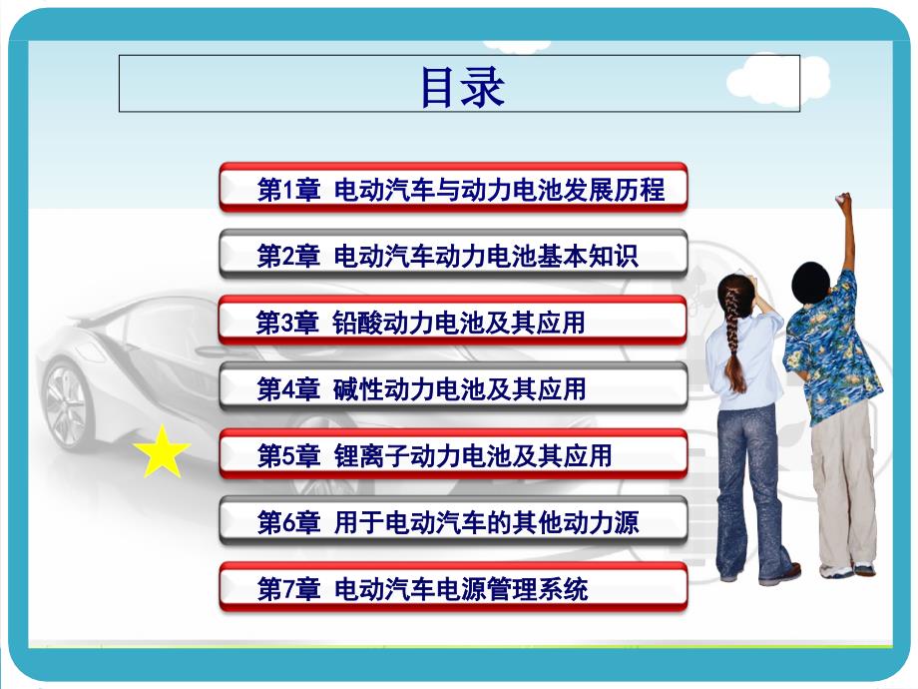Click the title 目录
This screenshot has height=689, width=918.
tap(461, 86)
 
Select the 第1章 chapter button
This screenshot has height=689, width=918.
tap(453, 188)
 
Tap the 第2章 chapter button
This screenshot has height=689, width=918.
tap(453, 255)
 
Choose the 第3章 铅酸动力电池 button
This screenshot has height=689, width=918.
tap(453, 322)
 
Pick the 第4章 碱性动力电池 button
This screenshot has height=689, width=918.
tap(453, 388)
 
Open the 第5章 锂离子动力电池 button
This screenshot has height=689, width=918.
tap(453, 455)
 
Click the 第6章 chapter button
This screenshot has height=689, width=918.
tap(453, 521)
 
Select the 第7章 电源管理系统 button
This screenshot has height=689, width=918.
tap(453, 588)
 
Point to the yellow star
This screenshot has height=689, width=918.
tap(162, 452)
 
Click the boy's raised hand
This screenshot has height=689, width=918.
tap(844, 203)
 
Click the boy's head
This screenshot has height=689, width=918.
tap(810, 283)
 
